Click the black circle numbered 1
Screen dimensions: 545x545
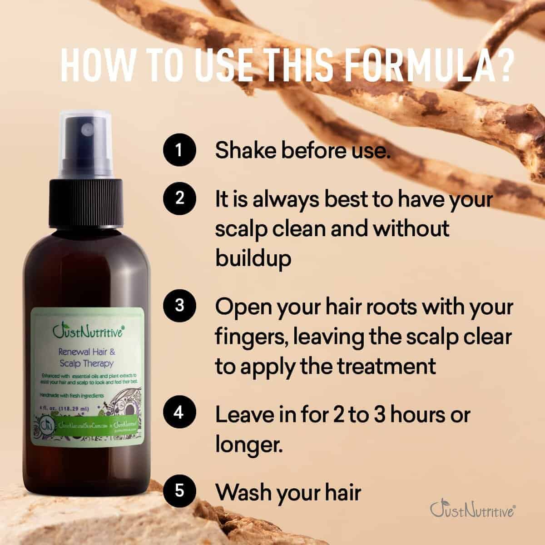coord(179,150)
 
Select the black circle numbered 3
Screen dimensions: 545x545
coord(179,305)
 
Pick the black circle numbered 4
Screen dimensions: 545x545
coord(179,413)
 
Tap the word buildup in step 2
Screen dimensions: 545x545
coord(253,258)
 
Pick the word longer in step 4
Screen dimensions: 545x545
coord(249,445)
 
